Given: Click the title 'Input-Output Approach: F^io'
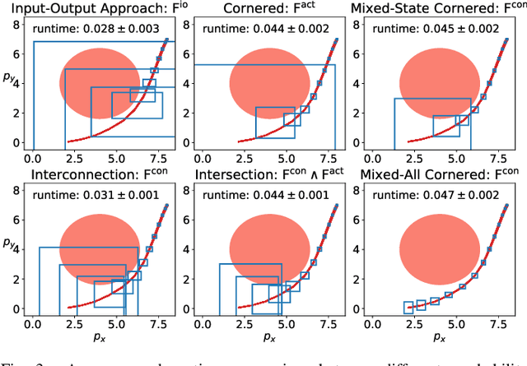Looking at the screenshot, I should (93, 10).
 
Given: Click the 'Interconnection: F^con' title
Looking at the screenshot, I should (93, 176).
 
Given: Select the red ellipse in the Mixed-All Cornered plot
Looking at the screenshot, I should (435, 249).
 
